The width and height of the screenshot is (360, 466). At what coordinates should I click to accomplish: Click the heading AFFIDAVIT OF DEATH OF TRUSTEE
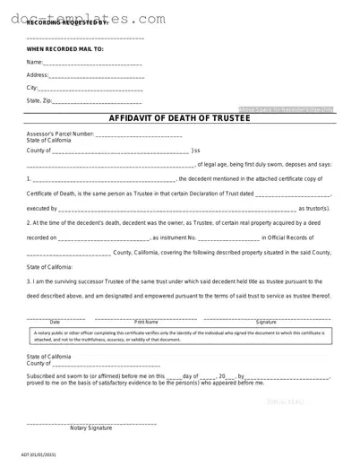point(179,119)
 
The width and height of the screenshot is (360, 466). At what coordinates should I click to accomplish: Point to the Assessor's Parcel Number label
point(59,134)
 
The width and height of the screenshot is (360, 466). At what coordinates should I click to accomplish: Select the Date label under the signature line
point(55,322)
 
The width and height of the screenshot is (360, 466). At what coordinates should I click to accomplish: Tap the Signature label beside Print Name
point(266,322)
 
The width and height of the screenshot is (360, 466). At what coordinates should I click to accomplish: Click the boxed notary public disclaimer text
point(179,335)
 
